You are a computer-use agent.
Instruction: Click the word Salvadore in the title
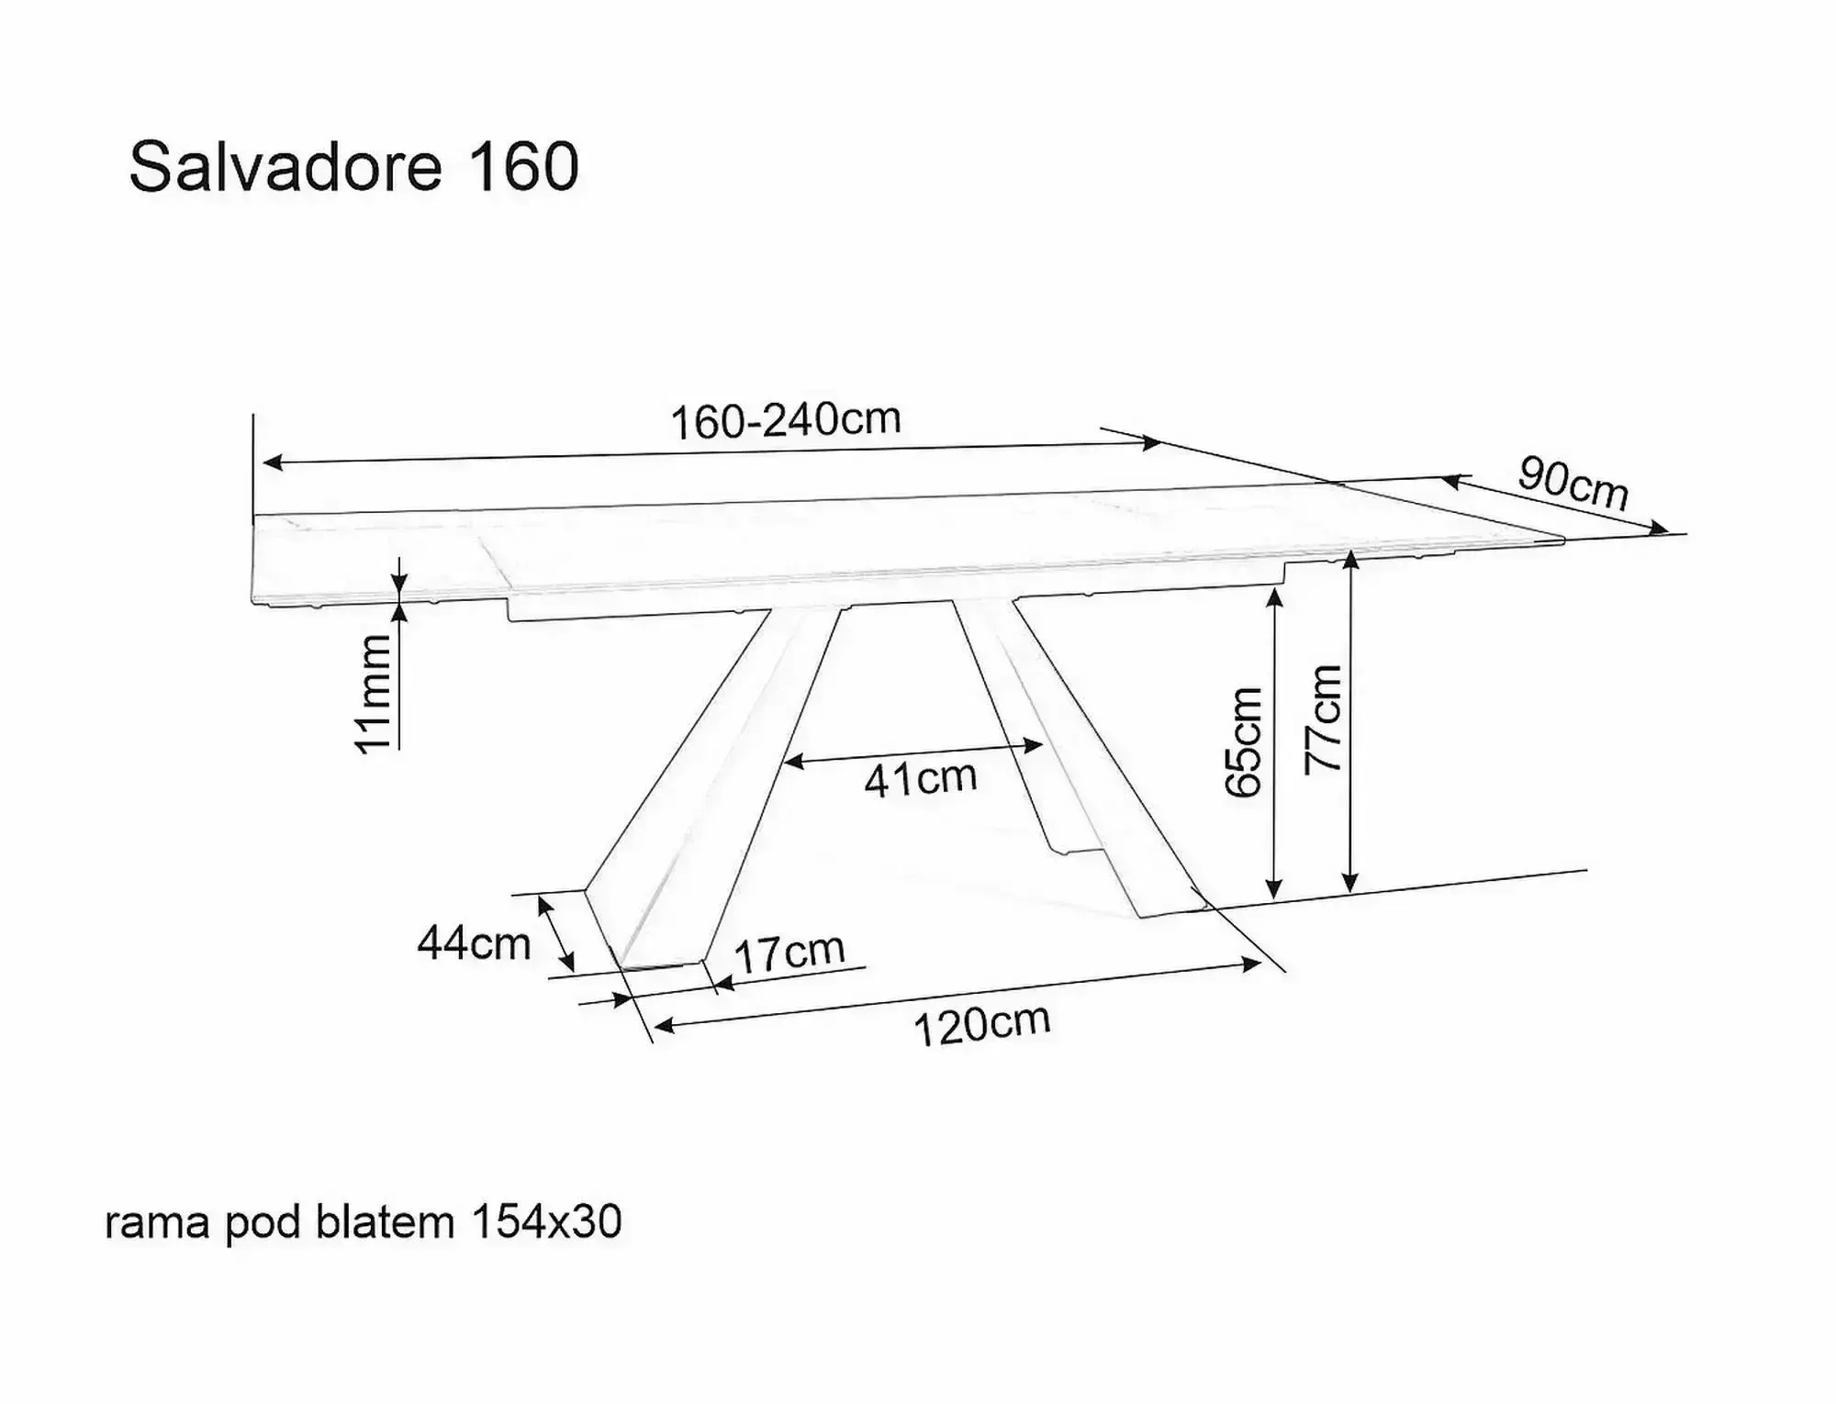click(x=285, y=168)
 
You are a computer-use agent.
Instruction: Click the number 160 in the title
click(x=524, y=168)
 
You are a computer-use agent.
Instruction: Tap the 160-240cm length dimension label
click(x=786, y=420)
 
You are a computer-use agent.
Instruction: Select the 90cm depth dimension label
click(x=1573, y=483)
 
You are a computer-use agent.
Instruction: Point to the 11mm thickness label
click(x=375, y=694)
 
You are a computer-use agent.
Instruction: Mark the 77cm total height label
click(x=1324, y=719)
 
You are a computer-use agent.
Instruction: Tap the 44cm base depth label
click(x=474, y=942)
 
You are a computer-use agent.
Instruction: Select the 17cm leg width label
click(x=789, y=953)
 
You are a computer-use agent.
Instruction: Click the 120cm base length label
click(x=981, y=1025)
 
